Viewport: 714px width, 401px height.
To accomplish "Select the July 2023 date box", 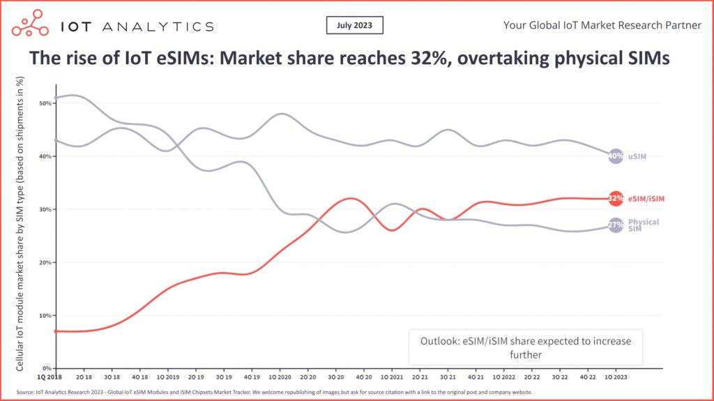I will (x=354, y=26).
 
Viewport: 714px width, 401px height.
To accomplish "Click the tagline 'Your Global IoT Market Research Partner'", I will (x=602, y=26).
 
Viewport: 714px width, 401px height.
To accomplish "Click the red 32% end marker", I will (x=615, y=199).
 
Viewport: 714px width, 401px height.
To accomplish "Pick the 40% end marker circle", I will (x=615, y=156).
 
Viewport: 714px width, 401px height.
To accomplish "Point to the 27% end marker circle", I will (x=615, y=225).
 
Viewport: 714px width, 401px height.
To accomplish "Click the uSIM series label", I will (x=637, y=156).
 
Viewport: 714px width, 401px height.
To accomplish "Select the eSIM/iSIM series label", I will (x=646, y=199).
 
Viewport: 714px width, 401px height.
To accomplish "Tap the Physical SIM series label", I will (x=642, y=225).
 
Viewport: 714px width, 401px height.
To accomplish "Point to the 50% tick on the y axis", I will (x=46, y=103).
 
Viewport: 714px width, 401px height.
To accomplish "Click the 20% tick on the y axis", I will (x=46, y=262).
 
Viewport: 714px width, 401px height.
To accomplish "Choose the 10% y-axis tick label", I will (x=46, y=315).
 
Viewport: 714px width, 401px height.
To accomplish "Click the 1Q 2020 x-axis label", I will (x=279, y=375).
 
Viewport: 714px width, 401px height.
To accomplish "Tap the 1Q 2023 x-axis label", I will (x=615, y=375).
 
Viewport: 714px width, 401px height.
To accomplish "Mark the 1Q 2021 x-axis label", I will (x=391, y=375).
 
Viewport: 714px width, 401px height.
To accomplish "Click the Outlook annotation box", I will (x=525, y=347).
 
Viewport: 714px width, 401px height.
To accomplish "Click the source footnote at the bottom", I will (x=272, y=392).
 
